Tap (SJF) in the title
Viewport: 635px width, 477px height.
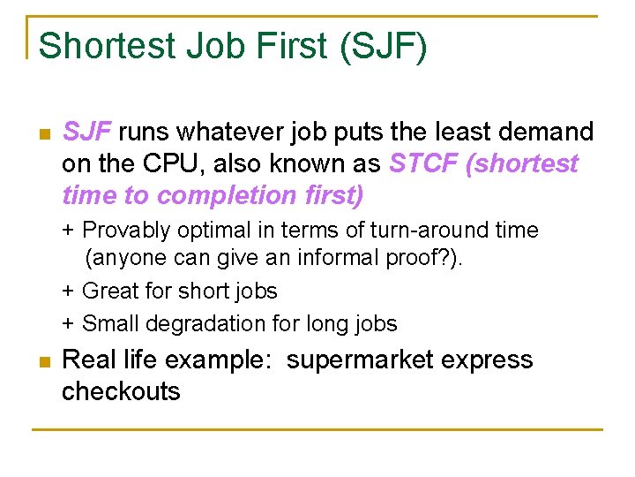pyautogui.click(x=383, y=46)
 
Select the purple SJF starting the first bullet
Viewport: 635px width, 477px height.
pyautogui.click(x=86, y=132)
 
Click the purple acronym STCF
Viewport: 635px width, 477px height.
pyautogui.click(x=423, y=163)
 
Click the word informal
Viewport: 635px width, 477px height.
pyautogui.click(x=298, y=260)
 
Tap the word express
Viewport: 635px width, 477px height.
pyautogui.click(x=489, y=360)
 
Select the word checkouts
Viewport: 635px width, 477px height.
pyautogui.click(x=121, y=391)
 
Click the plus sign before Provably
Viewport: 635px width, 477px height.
pyautogui.click(x=68, y=231)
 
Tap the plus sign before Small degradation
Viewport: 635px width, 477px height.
pyautogui.click(x=68, y=324)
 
